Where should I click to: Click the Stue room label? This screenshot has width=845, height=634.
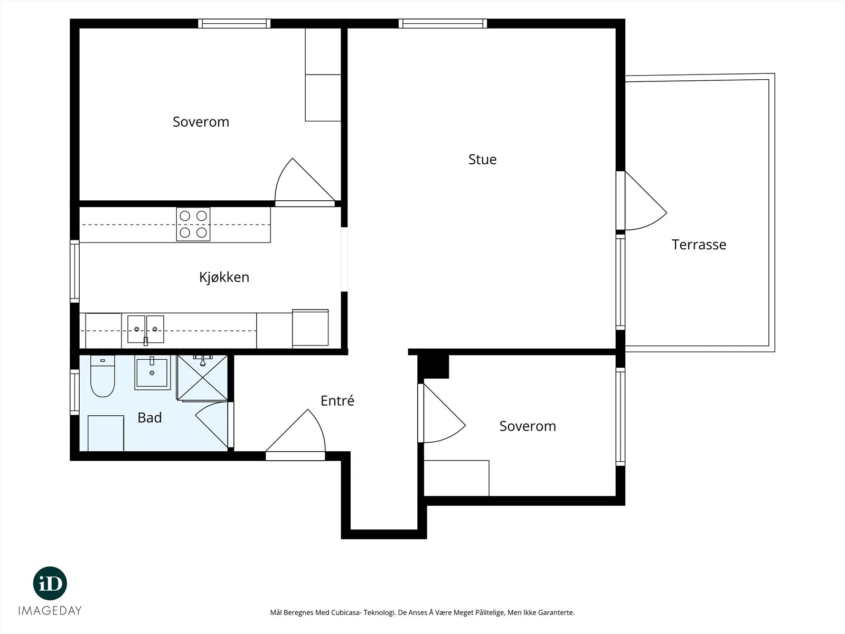click(x=482, y=160)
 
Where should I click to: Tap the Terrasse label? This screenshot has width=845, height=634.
click(x=699, y=245)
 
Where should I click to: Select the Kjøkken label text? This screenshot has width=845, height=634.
click(x=224, y=277)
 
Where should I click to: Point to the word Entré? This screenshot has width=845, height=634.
click(x=337, y=400)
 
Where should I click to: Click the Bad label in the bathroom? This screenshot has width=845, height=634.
click(x=149, y=418)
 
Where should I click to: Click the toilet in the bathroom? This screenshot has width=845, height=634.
click(x=102, y=376)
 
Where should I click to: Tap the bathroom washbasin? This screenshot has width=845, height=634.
click(x=153, y=372)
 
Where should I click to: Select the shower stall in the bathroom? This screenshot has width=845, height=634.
click(x=202, y=378)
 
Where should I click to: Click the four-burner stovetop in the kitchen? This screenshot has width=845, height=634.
click(x=193, y=225)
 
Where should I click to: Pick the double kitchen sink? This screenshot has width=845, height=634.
click(x=146, y=330)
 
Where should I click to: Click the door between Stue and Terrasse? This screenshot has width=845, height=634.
click(x=641, y=201)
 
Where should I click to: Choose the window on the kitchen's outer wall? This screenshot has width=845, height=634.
click(x=74, y=272)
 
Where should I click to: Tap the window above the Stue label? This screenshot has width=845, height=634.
click(x=443, y=23)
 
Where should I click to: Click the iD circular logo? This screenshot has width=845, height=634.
click(x=50, y=583)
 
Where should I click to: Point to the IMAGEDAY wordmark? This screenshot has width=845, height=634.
click(x=50, y=611)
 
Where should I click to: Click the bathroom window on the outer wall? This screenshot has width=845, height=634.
click(x=74, y=392)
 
